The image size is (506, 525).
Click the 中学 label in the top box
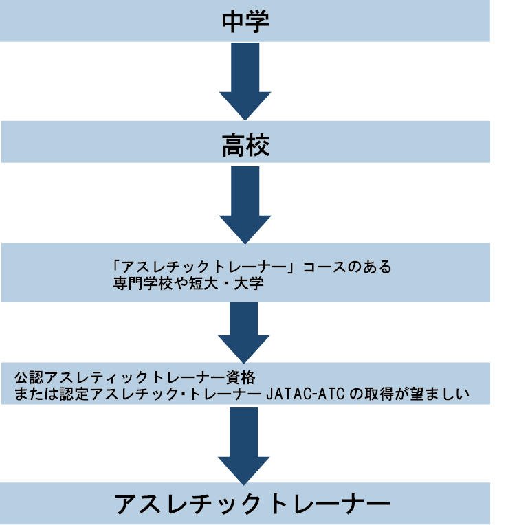click(245, 21)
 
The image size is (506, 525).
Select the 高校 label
click(245, 145)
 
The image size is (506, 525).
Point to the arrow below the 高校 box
click(245, 202)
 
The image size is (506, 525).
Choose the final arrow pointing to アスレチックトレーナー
click(245, 443)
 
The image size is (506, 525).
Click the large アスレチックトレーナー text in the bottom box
click(252, 504)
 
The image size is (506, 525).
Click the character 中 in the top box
click(233, 21)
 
